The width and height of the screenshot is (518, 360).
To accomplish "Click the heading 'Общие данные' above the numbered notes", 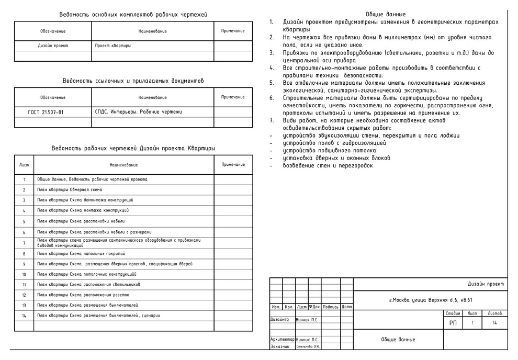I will point(386,14).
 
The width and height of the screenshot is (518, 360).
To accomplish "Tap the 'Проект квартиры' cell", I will point(113,46).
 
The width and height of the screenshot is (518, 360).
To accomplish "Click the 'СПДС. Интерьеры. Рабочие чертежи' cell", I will point(139,112).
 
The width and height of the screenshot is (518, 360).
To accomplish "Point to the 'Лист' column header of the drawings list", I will point(24,165).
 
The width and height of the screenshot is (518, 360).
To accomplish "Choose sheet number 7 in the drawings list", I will point(24,243).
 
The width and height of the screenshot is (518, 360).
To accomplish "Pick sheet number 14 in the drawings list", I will point(24,316).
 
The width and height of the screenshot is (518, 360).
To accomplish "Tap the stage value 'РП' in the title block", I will point(453,323).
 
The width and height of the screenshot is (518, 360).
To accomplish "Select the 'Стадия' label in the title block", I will point(453,313).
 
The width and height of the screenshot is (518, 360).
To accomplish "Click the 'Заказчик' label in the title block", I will point(279,346).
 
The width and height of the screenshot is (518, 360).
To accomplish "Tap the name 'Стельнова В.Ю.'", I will point(308,346).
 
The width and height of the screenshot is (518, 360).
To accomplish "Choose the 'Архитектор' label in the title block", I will point(283,340).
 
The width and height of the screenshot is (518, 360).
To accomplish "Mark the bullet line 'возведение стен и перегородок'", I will point(328,165).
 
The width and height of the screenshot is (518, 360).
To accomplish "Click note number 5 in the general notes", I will point(272,83).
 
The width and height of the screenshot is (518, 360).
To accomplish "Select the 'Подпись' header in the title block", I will point(331,307).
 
